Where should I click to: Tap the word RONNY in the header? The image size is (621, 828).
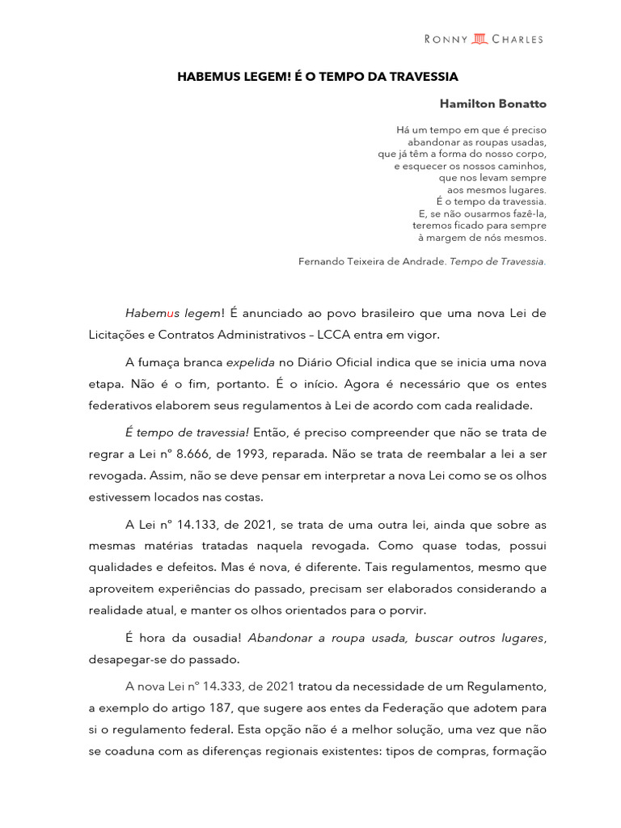(x=446, y=39)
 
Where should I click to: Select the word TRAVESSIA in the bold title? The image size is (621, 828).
(x=426, y=77)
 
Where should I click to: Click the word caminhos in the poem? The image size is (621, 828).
(x=517, y=166)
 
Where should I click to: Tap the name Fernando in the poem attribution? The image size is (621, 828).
(x=321, y=261)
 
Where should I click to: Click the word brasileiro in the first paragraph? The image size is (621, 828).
(x=383, y=313)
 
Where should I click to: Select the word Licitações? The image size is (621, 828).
(x=120, y=334)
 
